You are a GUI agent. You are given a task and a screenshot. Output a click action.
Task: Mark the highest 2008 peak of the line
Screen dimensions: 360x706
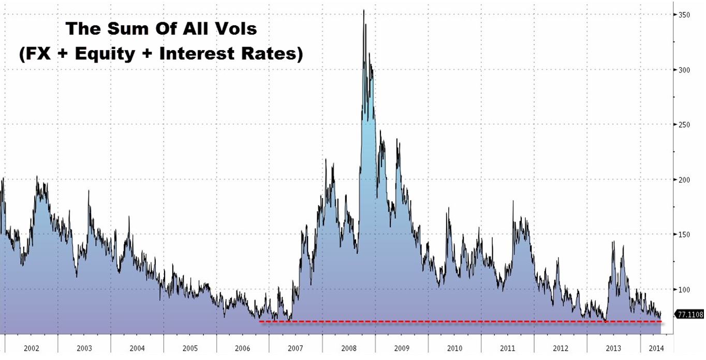[364, 10]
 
